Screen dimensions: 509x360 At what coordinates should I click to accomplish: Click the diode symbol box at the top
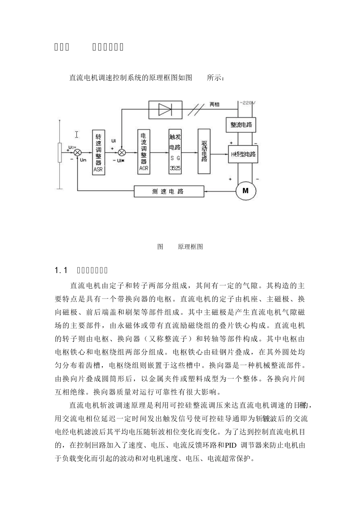165,109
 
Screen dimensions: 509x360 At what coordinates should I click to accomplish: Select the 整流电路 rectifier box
241,125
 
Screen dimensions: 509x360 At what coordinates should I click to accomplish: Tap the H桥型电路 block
243,154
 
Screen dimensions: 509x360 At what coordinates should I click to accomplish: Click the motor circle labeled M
246,190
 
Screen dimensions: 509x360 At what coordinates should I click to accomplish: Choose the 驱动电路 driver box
204,151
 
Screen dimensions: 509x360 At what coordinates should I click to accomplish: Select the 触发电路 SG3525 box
175,151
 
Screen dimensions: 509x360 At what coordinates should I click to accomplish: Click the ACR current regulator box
144,151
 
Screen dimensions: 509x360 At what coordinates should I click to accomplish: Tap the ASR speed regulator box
98,152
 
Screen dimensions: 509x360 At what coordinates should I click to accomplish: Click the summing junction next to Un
77,152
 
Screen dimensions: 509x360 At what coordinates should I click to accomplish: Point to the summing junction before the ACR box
122,152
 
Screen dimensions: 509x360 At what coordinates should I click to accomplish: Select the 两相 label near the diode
214,105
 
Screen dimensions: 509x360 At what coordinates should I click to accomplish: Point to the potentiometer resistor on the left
59,153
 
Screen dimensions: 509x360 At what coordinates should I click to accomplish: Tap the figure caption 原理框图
190,247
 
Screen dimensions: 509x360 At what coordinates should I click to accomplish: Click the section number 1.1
61,270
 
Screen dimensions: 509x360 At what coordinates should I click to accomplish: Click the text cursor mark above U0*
77,134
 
